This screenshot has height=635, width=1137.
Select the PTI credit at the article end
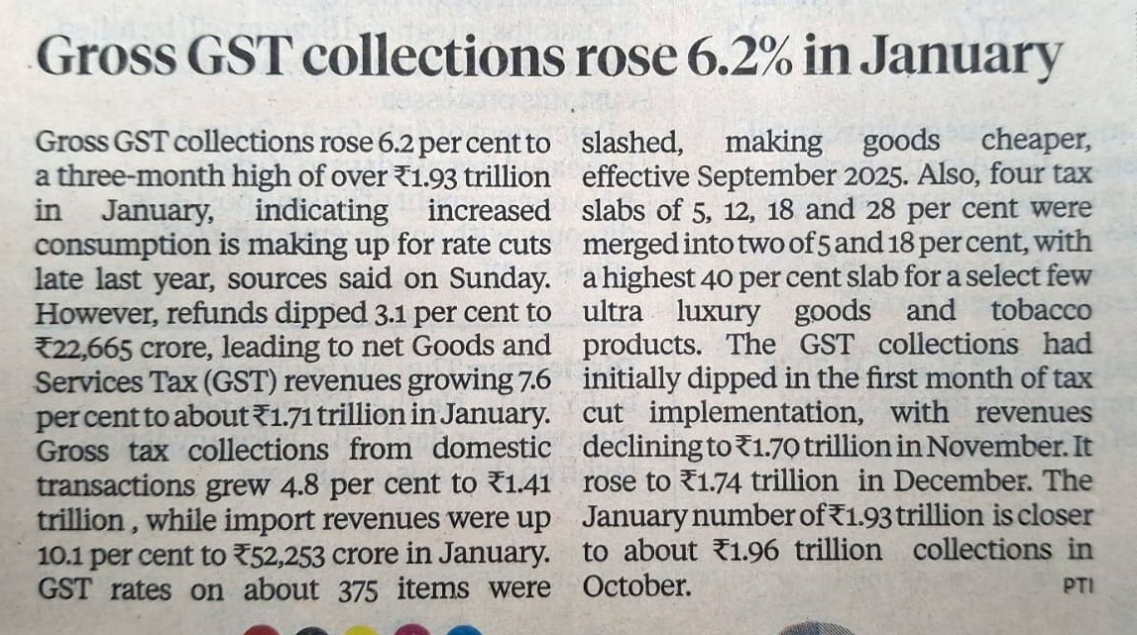tap(1078, 585)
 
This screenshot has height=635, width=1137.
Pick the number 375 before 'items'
tap(353, 587)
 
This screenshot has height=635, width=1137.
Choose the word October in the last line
tap(635, 586)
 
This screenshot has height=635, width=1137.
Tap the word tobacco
tap(1040, 312)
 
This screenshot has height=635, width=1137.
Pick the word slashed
tap(631, 144)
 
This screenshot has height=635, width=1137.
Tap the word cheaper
tap(1036, 144)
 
